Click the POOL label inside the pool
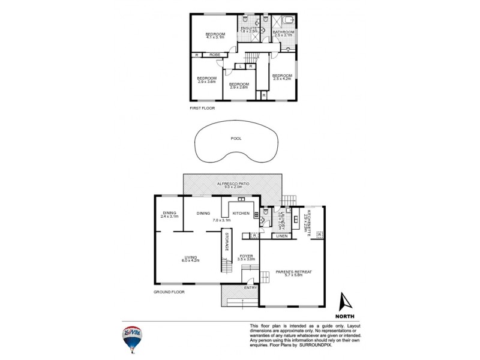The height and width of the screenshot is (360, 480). click(x=236, y=139)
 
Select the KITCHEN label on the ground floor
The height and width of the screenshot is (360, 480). click(x=241, y=213)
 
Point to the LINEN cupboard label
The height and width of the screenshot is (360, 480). click(x=282, y=236)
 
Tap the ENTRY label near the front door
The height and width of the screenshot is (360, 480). click(x=250, y=288)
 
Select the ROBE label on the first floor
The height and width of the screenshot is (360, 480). click(x=215, y=55)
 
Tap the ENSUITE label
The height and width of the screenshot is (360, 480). click(x=248, y=29)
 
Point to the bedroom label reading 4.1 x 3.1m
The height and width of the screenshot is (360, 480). click(x=214, y=35)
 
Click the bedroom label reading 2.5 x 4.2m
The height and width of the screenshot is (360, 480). click(x=282, y=77)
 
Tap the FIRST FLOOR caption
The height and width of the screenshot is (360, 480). click(x=202, y=109)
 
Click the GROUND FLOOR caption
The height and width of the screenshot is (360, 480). click(x=169, y=292)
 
